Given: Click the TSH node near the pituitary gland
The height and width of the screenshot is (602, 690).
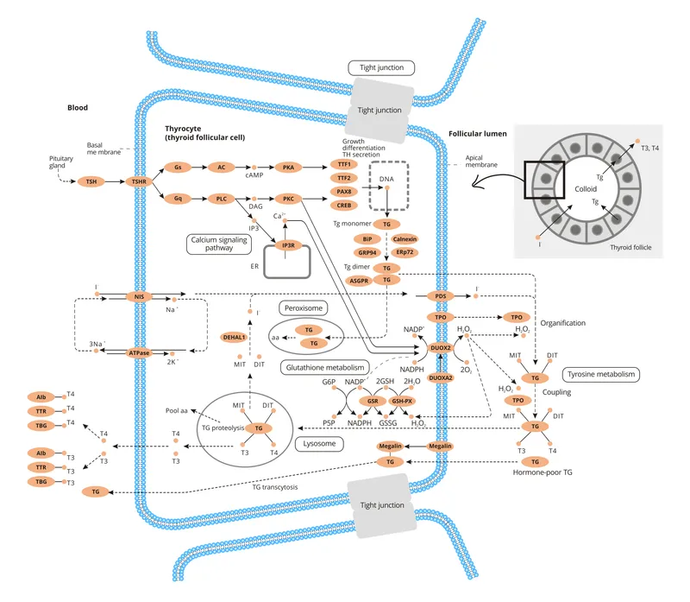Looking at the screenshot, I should (90, 181).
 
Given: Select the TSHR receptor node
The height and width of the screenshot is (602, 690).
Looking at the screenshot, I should (138, 181).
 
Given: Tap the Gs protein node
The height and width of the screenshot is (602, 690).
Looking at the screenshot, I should (178, 166).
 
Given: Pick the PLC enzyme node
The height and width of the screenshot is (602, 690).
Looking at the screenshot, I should (222, 199).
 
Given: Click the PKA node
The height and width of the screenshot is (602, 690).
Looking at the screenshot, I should (289, 166).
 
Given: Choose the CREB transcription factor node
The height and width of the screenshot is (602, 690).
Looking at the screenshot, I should (343, 205).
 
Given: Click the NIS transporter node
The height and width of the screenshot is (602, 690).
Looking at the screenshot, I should (138, 296).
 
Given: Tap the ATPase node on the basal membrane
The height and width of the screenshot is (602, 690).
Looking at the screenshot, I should (138, 352).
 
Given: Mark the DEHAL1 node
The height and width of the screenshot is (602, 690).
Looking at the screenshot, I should (235, 337).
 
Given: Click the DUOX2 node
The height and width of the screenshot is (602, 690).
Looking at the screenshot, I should (441, 347).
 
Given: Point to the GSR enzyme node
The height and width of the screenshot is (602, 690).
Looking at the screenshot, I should (373, 401).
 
